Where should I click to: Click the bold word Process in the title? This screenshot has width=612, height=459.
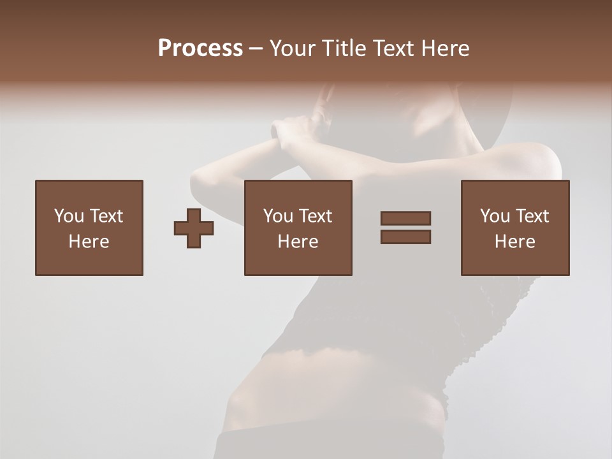[x=200, y=48]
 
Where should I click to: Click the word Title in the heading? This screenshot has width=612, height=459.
[x=344, y=48]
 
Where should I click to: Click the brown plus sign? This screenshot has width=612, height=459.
[x=194, y=228]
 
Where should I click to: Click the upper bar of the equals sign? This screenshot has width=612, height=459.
[x=405, y=218]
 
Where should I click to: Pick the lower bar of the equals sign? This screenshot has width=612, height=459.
[x=405, y=237]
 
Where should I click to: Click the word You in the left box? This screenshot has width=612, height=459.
[x=69, y=216]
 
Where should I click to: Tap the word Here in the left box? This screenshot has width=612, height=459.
[x=89, y=242]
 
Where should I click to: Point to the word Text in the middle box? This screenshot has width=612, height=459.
[x=315, y=216]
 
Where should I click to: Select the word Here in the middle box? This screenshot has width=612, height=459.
[x=298, y=242]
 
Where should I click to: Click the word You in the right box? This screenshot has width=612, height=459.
[x=495, y=216]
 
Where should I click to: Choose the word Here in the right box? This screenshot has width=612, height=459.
[x=514, y=242]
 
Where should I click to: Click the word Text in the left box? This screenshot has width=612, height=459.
[x=106, y=216]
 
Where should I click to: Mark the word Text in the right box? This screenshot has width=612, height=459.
[x=532, y=216]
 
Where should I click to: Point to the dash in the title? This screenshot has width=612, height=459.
[x=256, y=48]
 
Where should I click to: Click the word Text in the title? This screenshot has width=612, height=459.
[x=391, y=48]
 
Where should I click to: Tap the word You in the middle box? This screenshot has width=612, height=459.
[x=278, y=216]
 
